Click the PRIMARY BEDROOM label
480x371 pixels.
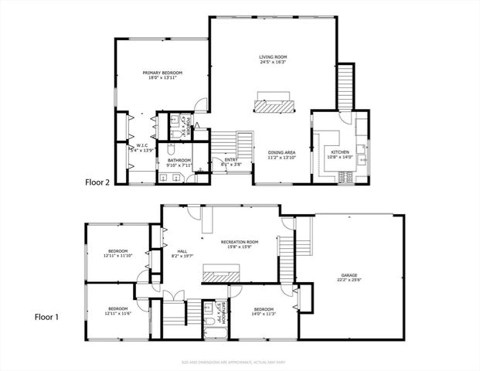click(x=162, y=73)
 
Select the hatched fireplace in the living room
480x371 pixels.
click(x=274, y=104)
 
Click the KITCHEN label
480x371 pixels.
click(x=340, y=152)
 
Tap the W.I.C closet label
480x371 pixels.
click(x=142, y=145)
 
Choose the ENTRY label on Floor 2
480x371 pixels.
click(x=231, y=159)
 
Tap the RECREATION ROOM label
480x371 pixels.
click(x=239, y=242)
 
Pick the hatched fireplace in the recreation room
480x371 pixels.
click(x=220, y=274)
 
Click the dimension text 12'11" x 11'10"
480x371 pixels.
click(x=117, y=256)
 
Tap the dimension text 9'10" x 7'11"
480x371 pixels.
click(x=179, y=165)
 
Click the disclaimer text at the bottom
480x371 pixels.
click(x=239, y=361)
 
